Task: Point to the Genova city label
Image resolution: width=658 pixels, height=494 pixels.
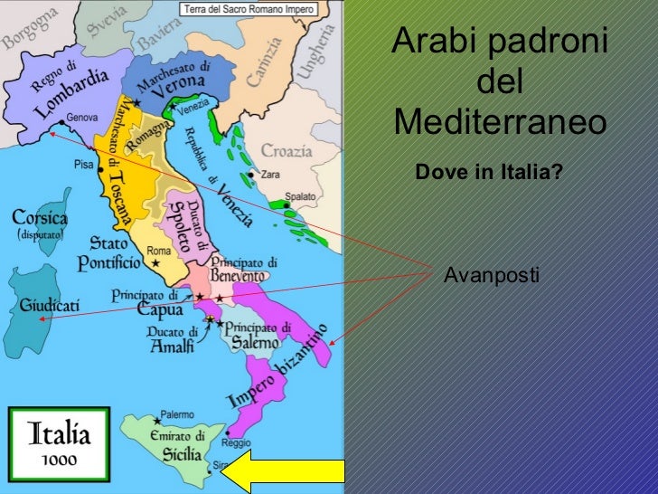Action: tap(81, 118)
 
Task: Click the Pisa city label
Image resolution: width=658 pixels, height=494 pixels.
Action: tap(84, 165)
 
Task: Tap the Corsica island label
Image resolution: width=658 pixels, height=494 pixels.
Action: tap(40, 218)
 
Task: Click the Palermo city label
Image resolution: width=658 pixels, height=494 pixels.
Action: tap(177, 414)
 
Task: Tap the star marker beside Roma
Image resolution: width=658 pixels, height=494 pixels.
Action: tap(155, 263)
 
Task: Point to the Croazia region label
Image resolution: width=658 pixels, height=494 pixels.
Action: tap(287, 150)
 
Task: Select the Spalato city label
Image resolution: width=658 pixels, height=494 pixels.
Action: tap(301, 196)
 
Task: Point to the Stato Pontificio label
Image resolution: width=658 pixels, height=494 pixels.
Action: tap(115, 253)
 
